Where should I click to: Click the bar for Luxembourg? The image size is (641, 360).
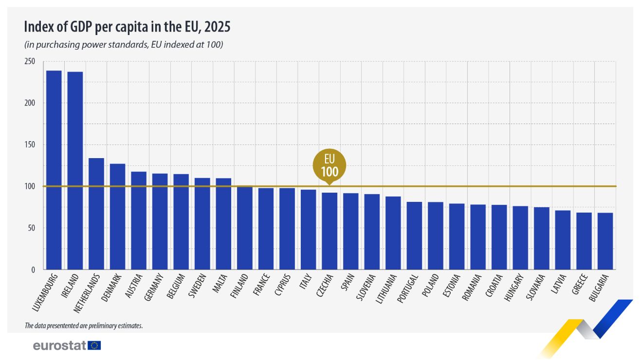point(54,170)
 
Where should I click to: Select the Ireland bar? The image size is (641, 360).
point(75,170)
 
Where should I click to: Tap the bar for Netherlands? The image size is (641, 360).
point(96,214)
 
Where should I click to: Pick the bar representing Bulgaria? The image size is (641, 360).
point(605,241)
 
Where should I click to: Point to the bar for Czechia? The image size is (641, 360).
point(330,231)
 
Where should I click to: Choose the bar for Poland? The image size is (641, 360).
point(436,236)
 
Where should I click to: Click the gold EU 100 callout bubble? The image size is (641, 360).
point(329,165)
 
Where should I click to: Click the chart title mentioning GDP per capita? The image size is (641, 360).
point(127,27)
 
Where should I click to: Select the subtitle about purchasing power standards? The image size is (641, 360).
point(124,45)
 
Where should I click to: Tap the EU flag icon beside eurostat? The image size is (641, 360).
point(95,345)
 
